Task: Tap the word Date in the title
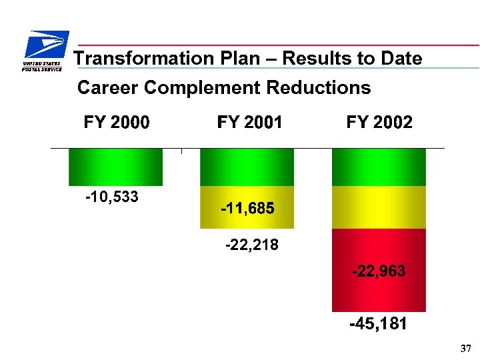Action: pyautogui.click(x=403, y=59)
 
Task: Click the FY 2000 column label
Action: pyautogui.click(x=116, y=123)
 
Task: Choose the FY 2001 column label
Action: pyautogui.click(x=249, y=123)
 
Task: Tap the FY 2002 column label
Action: pyautogui.click(x=379, y=123)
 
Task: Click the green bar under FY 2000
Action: pyautogui.click(x=115, y=167)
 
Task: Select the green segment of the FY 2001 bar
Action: pyautogui.click(x=247, y=167)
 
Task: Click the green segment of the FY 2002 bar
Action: pyautogui.click(x=379, y=167)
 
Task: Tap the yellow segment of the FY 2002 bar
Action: pyautogui.click(x=379, y=207)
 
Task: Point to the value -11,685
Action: pyautogui.click(x=247, y=209)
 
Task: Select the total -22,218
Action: pyautogui.click(x=252, y=245)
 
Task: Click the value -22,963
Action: pyautogui.click(x=379, y=272)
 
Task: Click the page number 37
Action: pyautogui.click(x=465, y=349)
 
